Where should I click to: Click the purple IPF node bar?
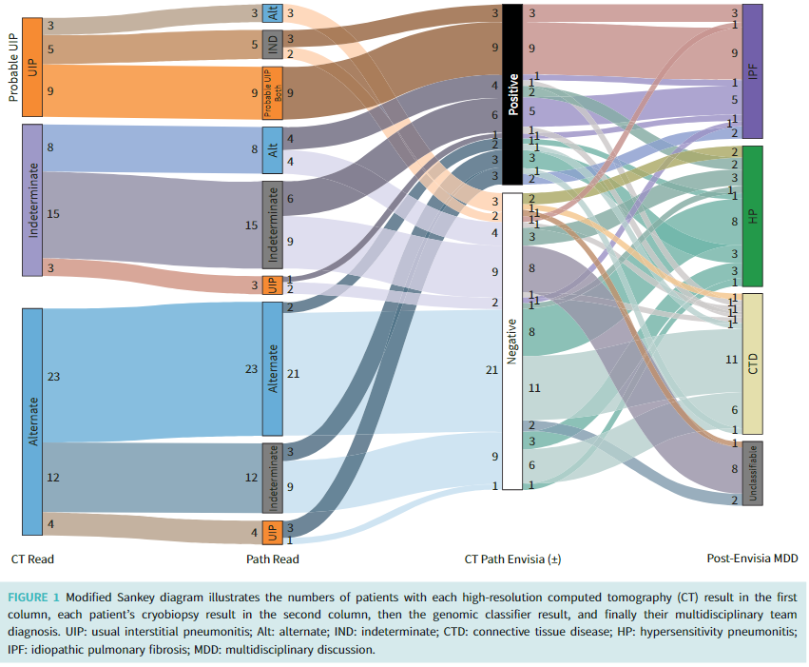(752, 71)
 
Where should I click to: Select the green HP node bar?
(752, 215)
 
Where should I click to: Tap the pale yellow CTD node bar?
(752, 363)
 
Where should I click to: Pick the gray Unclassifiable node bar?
(752, 472)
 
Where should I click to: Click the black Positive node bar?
(512, 94)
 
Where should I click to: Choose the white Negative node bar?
(512, 342)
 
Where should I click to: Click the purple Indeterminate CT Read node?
(31, 199)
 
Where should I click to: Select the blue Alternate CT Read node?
(31, 422)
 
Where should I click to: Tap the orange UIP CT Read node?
(31, 66)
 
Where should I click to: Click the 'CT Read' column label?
(32, 559)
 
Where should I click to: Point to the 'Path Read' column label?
(273, 559)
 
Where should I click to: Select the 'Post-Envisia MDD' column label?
(752, 559)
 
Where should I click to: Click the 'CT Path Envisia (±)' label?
(512, 559)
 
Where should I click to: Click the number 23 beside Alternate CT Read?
(53, 377)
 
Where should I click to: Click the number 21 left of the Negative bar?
(491, 368)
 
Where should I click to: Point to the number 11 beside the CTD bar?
(731, 360)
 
